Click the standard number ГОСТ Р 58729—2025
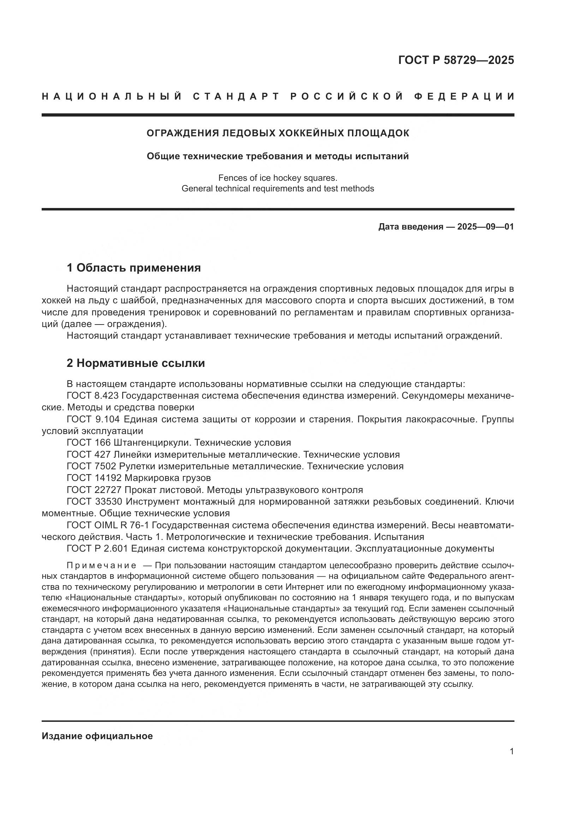(456, 60)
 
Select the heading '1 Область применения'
(133, 268)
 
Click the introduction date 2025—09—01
(485, 227)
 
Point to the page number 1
(512, 751)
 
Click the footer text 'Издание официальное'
(97, 736)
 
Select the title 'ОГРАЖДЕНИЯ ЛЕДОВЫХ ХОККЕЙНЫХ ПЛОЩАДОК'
(278, 133)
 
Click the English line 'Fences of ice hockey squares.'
(278, 178)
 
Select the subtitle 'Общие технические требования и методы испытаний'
(278, 156)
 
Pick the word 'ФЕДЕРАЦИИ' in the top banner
(464, 96)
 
